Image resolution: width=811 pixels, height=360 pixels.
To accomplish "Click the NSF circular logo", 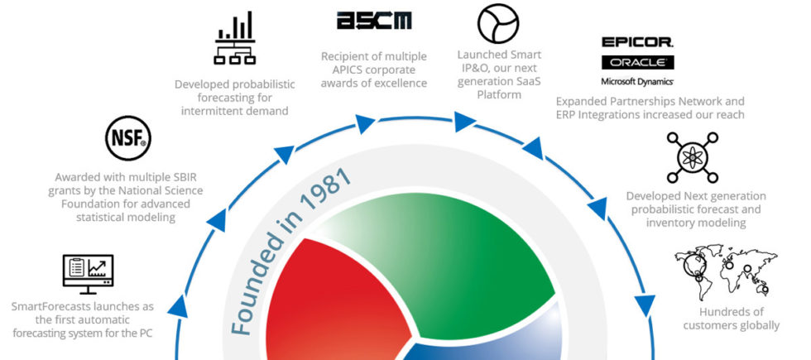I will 128,138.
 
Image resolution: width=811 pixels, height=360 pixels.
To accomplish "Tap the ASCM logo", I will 374,22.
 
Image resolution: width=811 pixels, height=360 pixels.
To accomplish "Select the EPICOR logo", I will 637,41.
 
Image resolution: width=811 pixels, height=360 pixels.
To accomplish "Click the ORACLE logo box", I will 637,62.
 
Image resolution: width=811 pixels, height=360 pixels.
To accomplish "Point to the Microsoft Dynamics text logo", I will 637,81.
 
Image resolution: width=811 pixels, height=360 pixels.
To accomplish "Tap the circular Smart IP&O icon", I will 497,23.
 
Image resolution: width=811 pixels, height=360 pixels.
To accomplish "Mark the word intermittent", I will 207,110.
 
